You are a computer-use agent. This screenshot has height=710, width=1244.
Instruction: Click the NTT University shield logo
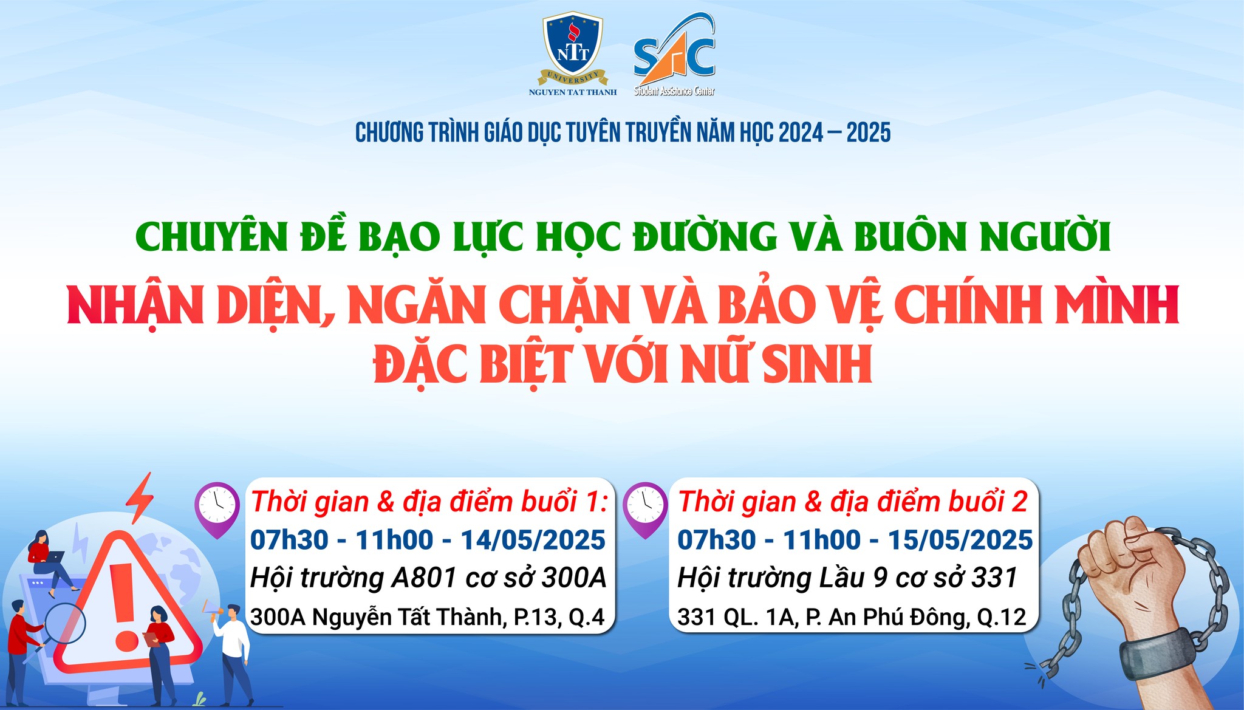573,55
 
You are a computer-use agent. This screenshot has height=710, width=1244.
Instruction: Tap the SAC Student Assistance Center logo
674,55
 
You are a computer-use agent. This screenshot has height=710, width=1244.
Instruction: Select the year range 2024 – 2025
835,133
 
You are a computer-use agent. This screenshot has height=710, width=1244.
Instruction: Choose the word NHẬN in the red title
135,306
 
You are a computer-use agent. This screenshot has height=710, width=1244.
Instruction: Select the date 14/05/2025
533,540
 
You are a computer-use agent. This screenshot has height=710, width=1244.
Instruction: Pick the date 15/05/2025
960,540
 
